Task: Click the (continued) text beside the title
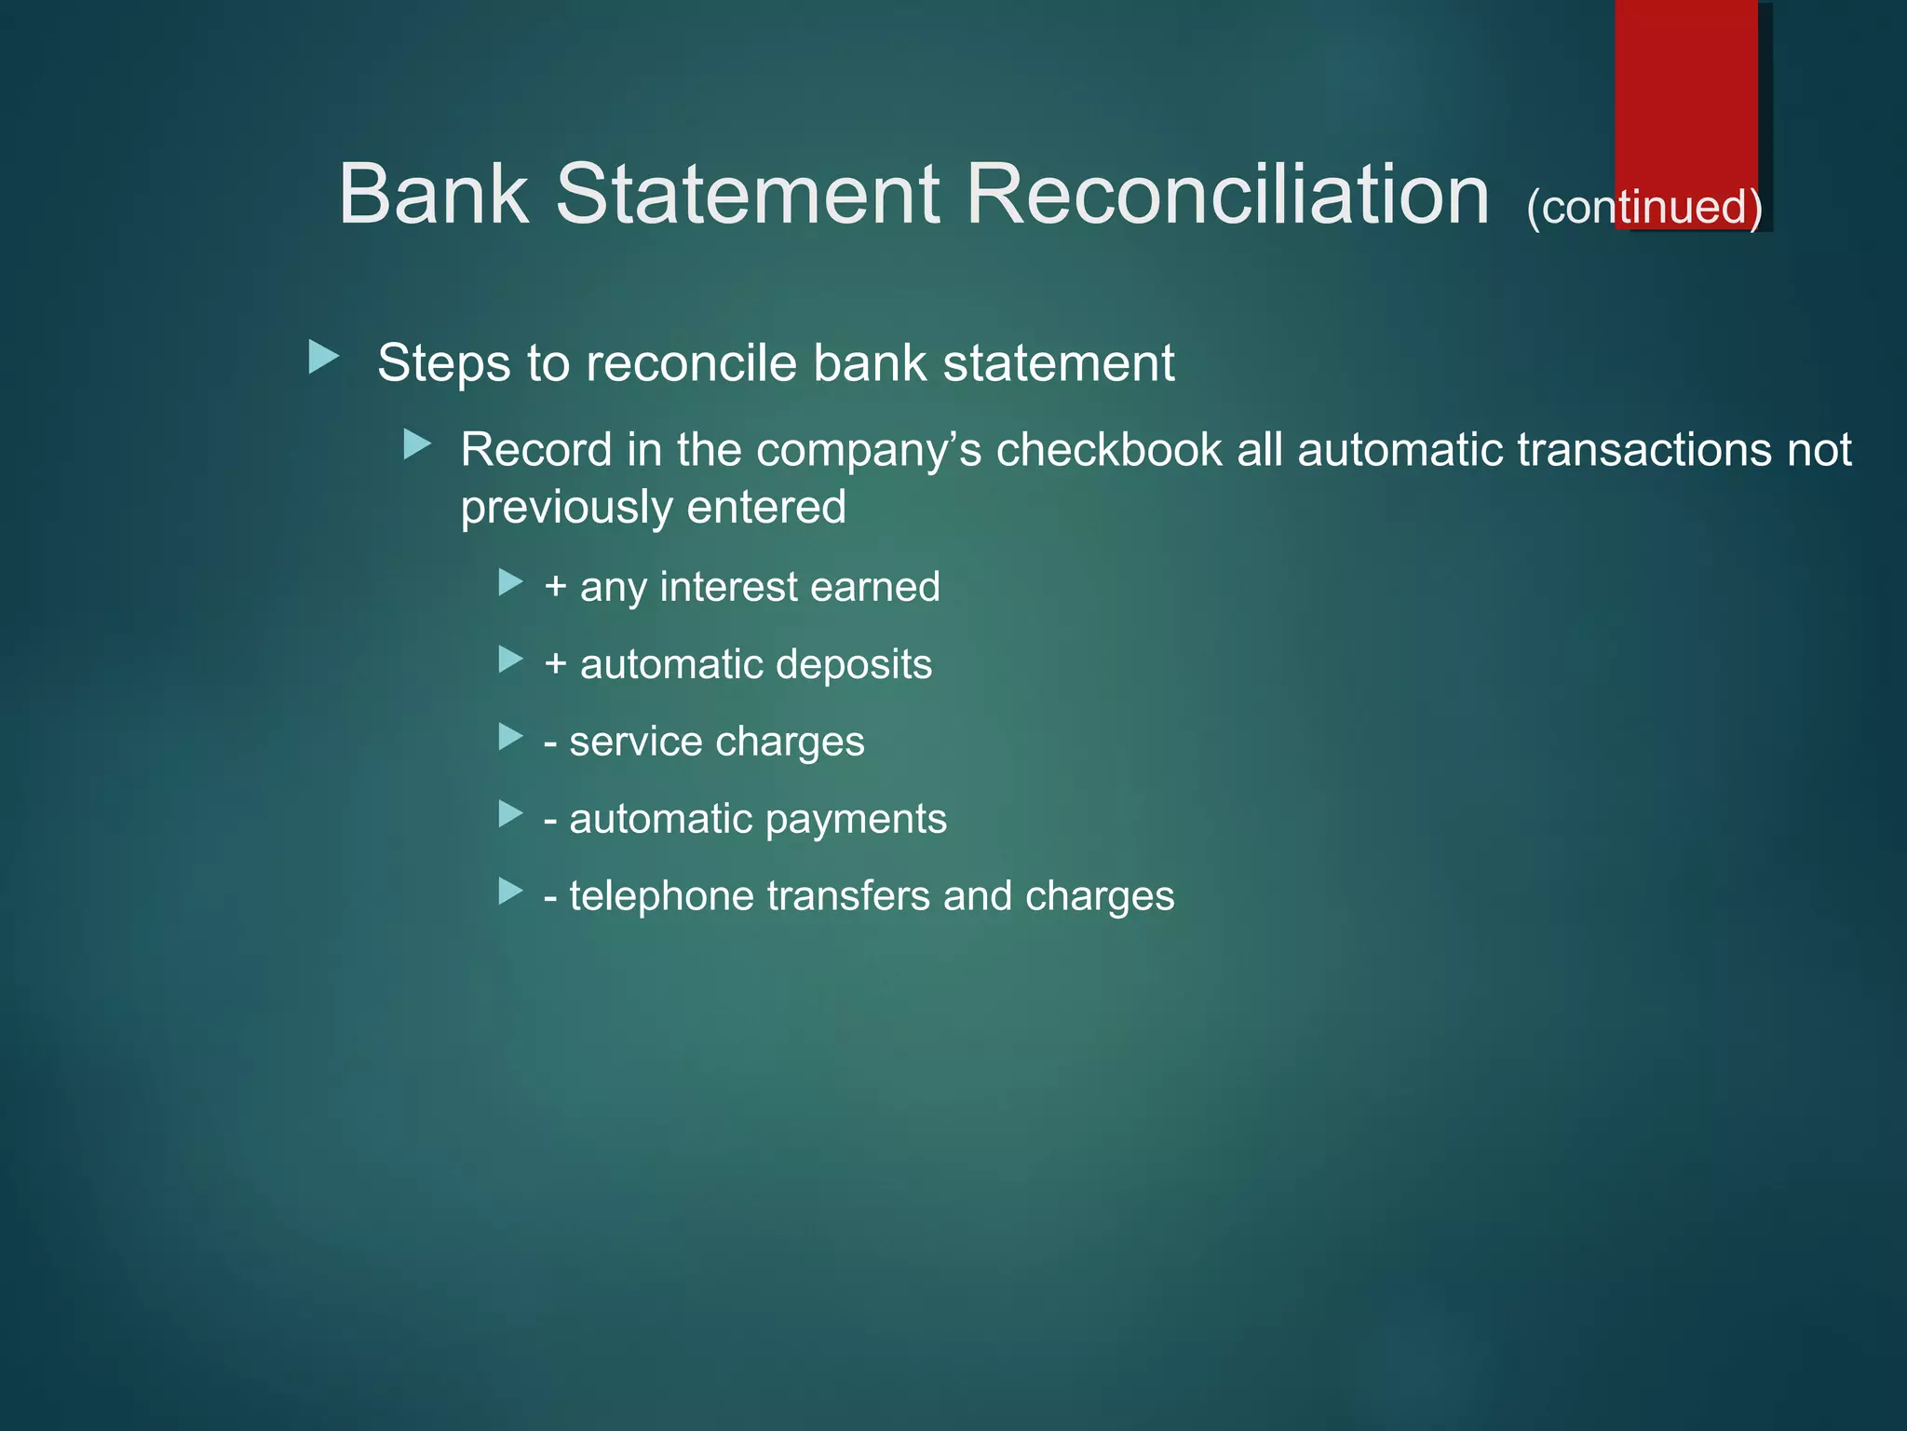pos(1643,207)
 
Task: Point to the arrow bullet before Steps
pos(323,358)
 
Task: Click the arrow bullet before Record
pos(417,444)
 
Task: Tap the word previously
pos(564,509)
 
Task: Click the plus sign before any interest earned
pos(556,587)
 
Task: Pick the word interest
pos(728,587)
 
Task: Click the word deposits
pos(853,664)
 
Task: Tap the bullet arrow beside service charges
pos(510,737)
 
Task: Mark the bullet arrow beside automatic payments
pos(510,814)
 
